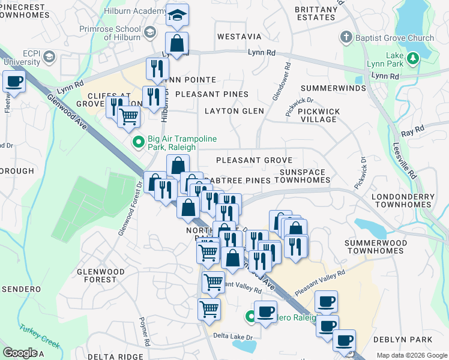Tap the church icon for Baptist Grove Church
point(346,38)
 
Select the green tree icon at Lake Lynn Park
point(412,59)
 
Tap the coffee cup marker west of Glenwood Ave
point(14,82)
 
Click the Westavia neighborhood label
point(239,37)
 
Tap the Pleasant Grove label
point(254,160)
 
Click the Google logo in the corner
point(20,353)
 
